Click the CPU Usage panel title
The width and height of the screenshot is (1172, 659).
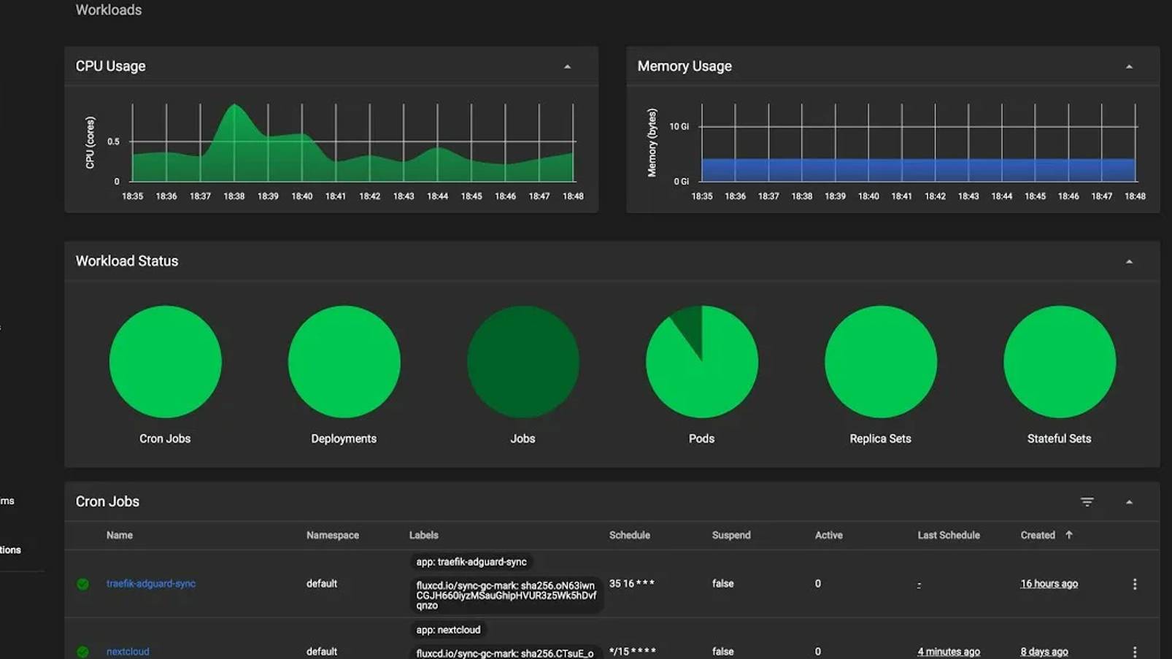point(111,66)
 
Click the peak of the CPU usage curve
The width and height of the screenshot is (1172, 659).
point(234,107)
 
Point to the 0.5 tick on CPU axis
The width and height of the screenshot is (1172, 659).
point(114,142)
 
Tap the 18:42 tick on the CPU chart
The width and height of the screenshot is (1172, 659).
point(369,196)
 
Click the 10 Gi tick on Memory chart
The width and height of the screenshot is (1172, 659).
point(679,127)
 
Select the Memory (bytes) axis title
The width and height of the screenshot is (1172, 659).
point(652,143)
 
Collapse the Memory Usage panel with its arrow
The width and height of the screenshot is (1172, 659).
point(1129,67)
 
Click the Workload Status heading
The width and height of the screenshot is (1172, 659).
point(127,261)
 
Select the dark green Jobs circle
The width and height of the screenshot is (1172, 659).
point(523,362)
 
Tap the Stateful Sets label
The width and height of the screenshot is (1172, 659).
point(1059,439)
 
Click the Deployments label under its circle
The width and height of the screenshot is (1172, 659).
point(344,439)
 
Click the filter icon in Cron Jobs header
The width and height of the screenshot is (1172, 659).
point(1087,502)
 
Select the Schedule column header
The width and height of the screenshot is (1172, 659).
point(629,536)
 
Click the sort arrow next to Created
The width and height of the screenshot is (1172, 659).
point(1069,535)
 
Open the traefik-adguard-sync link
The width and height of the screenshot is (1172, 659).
point(151,584)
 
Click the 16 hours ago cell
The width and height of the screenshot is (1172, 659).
point(1049,584)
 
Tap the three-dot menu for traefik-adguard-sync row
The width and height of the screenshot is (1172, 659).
point(1134,584)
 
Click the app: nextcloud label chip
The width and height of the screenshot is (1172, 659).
point(448,630)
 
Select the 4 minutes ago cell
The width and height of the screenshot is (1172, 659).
point(948,652)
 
